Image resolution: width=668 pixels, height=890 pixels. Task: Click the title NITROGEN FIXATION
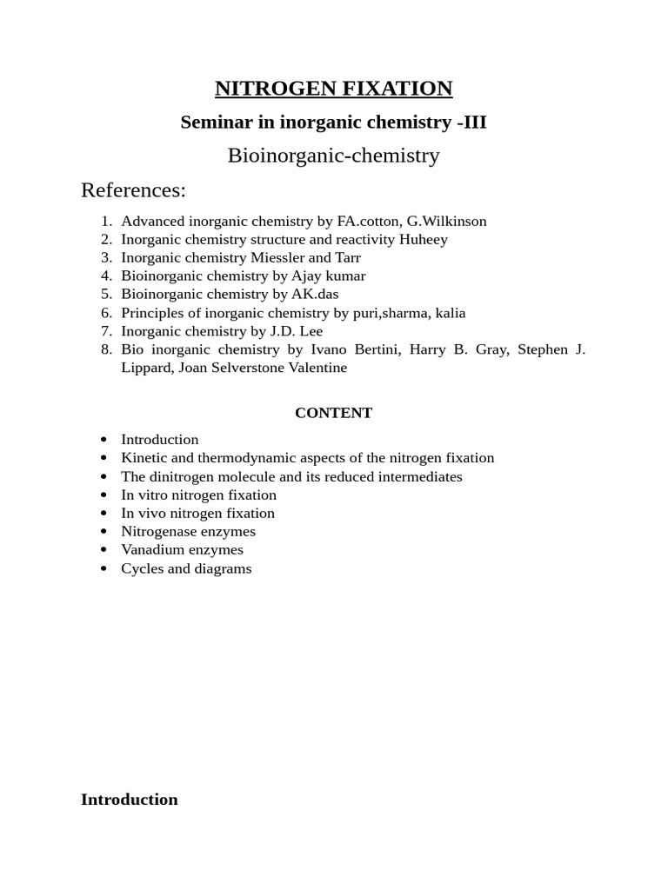pos(333,89)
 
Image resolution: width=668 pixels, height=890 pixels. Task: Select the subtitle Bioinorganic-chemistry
pos(333,156)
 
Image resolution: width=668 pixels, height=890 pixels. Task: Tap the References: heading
pos(133,190)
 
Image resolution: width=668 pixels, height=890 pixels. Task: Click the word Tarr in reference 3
pos(348,257)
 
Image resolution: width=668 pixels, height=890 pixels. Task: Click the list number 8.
pos(106,349)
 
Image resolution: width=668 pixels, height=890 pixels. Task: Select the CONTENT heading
pos(333,413)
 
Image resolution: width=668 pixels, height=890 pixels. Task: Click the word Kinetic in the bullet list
pos(142,458)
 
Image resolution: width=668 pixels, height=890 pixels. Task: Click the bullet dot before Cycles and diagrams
pos(104,569)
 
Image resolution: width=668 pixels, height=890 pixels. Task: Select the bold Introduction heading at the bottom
pos(130,800)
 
